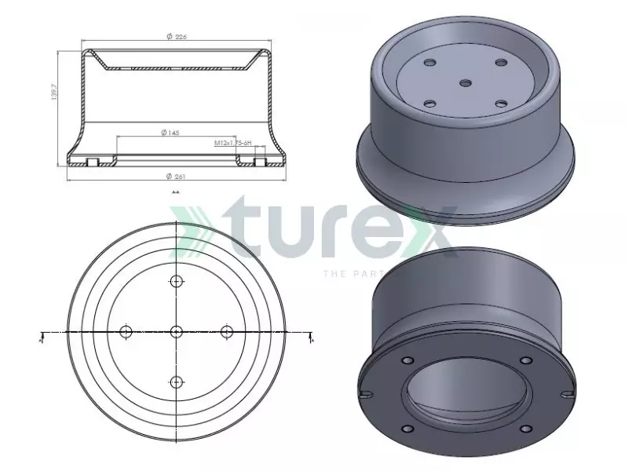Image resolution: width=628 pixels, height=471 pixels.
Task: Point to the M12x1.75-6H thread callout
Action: coord(232,144)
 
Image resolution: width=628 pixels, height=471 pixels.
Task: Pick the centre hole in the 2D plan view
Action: coord(176,331)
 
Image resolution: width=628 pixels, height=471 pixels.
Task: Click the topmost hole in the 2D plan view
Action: coord(176,282)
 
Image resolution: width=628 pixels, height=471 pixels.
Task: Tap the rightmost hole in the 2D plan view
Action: coord(227,331)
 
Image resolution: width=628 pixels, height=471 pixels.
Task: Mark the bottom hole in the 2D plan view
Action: coord(176,382)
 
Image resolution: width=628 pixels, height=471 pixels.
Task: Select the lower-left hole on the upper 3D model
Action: coord(429,102)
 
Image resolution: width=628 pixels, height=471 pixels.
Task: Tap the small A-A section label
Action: coord(175,191)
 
